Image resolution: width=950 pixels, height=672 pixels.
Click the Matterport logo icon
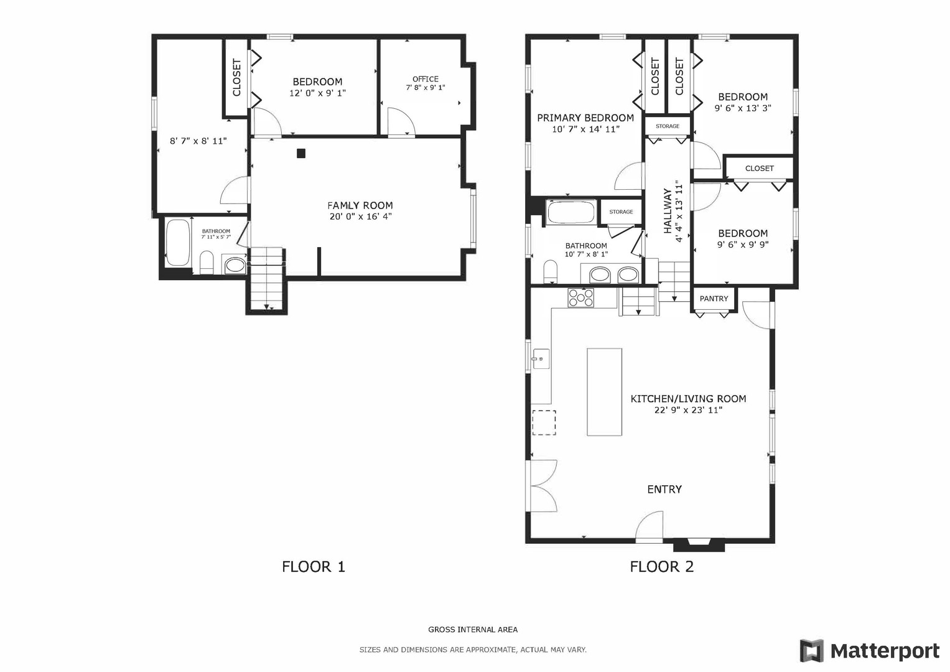tap(812, 651)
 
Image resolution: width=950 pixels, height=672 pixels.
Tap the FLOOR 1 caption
tap(313, 566)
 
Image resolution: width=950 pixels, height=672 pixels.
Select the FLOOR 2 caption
tap(661, 566)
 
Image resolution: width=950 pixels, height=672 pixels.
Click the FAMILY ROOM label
tap(360, 205)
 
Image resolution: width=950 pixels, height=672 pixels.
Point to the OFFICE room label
tap(426, 79)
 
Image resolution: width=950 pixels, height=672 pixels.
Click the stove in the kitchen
tap(580, 297)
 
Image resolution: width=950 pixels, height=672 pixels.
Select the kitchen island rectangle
tap(604, 391)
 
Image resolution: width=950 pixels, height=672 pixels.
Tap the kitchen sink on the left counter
tap(540, 359)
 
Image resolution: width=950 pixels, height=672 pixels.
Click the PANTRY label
tap(714, 299)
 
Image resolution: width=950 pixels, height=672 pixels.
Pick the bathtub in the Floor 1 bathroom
tap(177, 243)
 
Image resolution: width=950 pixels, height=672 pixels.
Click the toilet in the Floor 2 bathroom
tap(551, 271)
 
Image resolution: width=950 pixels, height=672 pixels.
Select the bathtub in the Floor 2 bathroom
tap(571, 212)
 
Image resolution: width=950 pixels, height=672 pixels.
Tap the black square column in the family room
tap(301, 153)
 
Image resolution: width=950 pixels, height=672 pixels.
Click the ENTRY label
tap(664, 489)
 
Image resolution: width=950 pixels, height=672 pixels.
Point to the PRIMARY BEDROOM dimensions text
tap(585, 129)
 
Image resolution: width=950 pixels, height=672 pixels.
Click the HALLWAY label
tap(668, 212)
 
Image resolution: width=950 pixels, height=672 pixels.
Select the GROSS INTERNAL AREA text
tap(473, 630)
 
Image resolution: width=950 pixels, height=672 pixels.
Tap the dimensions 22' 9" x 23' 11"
tap(688, 410)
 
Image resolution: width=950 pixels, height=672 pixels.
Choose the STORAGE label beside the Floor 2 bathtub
tap(621, 212)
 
